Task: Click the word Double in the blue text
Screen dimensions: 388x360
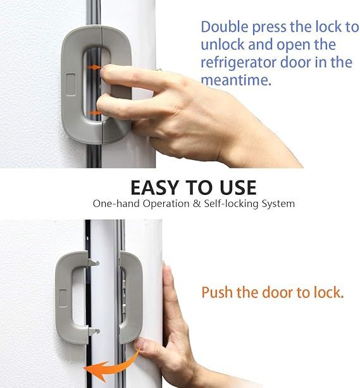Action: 225,27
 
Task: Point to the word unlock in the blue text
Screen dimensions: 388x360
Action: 220,45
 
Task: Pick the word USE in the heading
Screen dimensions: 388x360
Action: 234,187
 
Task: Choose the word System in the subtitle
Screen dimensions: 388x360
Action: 276,204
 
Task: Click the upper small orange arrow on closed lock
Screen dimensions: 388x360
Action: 93,66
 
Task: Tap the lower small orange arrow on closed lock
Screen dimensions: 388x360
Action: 93,113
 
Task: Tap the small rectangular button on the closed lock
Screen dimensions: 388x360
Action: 70,84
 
